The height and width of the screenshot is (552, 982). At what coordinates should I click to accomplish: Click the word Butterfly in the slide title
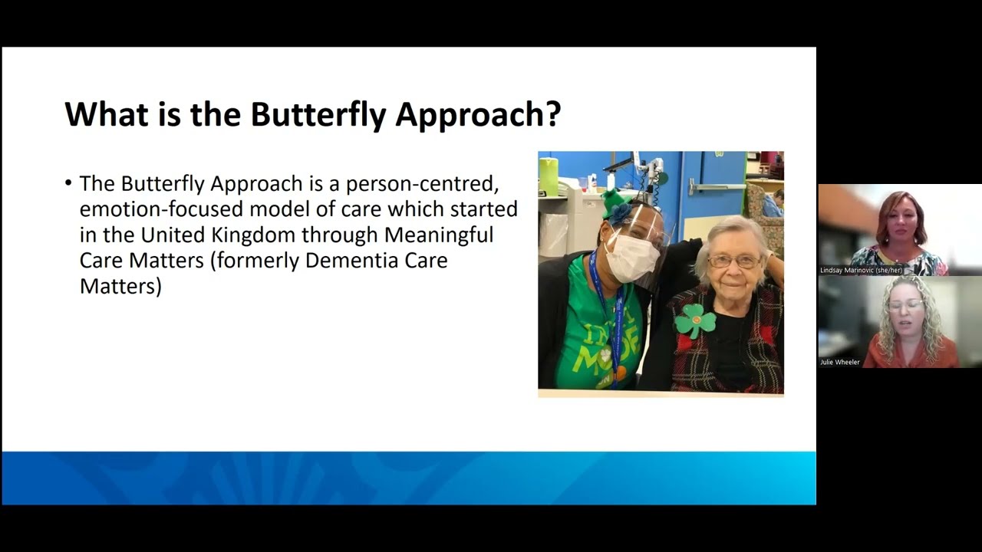tap(318, 115)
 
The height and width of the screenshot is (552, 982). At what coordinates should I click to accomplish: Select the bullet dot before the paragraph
tap(68, 182)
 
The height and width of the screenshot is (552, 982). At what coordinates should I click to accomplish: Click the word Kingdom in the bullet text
tap(252, 235)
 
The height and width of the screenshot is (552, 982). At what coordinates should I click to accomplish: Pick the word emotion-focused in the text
tap(161, 209)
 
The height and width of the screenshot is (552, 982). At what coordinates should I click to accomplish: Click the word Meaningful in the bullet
tap(439, 235)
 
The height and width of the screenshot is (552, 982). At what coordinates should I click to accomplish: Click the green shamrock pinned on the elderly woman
tap(695, 320)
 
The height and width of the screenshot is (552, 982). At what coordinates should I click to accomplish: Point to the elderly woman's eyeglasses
tap(734, 261)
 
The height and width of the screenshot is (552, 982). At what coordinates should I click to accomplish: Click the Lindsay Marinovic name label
tap(861, 271)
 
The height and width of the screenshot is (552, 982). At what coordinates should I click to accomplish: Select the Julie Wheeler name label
tap(840, 363)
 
